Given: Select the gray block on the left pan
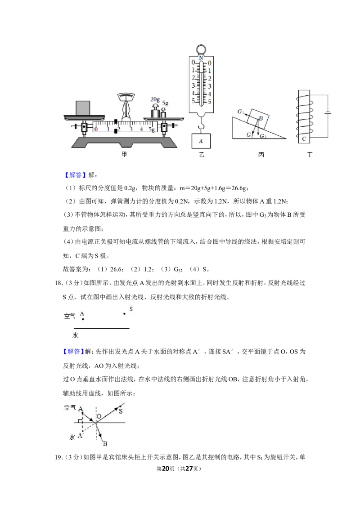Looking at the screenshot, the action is point(83,108).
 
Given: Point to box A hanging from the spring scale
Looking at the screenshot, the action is point(201,141).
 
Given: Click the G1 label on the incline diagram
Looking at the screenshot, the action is point(240,112).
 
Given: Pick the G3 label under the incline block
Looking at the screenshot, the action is point(263,136).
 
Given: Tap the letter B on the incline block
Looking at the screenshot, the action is point(261,119).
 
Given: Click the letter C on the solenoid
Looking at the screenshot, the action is point(304,138).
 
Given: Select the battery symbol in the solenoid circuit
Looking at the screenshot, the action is point(328,114).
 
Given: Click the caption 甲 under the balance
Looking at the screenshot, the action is point(124,155).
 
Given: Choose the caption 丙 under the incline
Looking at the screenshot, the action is point(261,155).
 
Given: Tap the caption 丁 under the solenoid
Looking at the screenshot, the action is point(309,155).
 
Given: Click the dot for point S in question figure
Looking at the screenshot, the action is point(125,313).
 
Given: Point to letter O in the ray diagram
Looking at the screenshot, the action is point(99,416).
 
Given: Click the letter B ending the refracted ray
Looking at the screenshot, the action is point(105,443).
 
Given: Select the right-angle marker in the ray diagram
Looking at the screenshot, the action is point(80,421).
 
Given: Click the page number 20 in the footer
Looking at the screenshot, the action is point(166,469).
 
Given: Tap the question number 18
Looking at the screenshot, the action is point(58,283).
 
